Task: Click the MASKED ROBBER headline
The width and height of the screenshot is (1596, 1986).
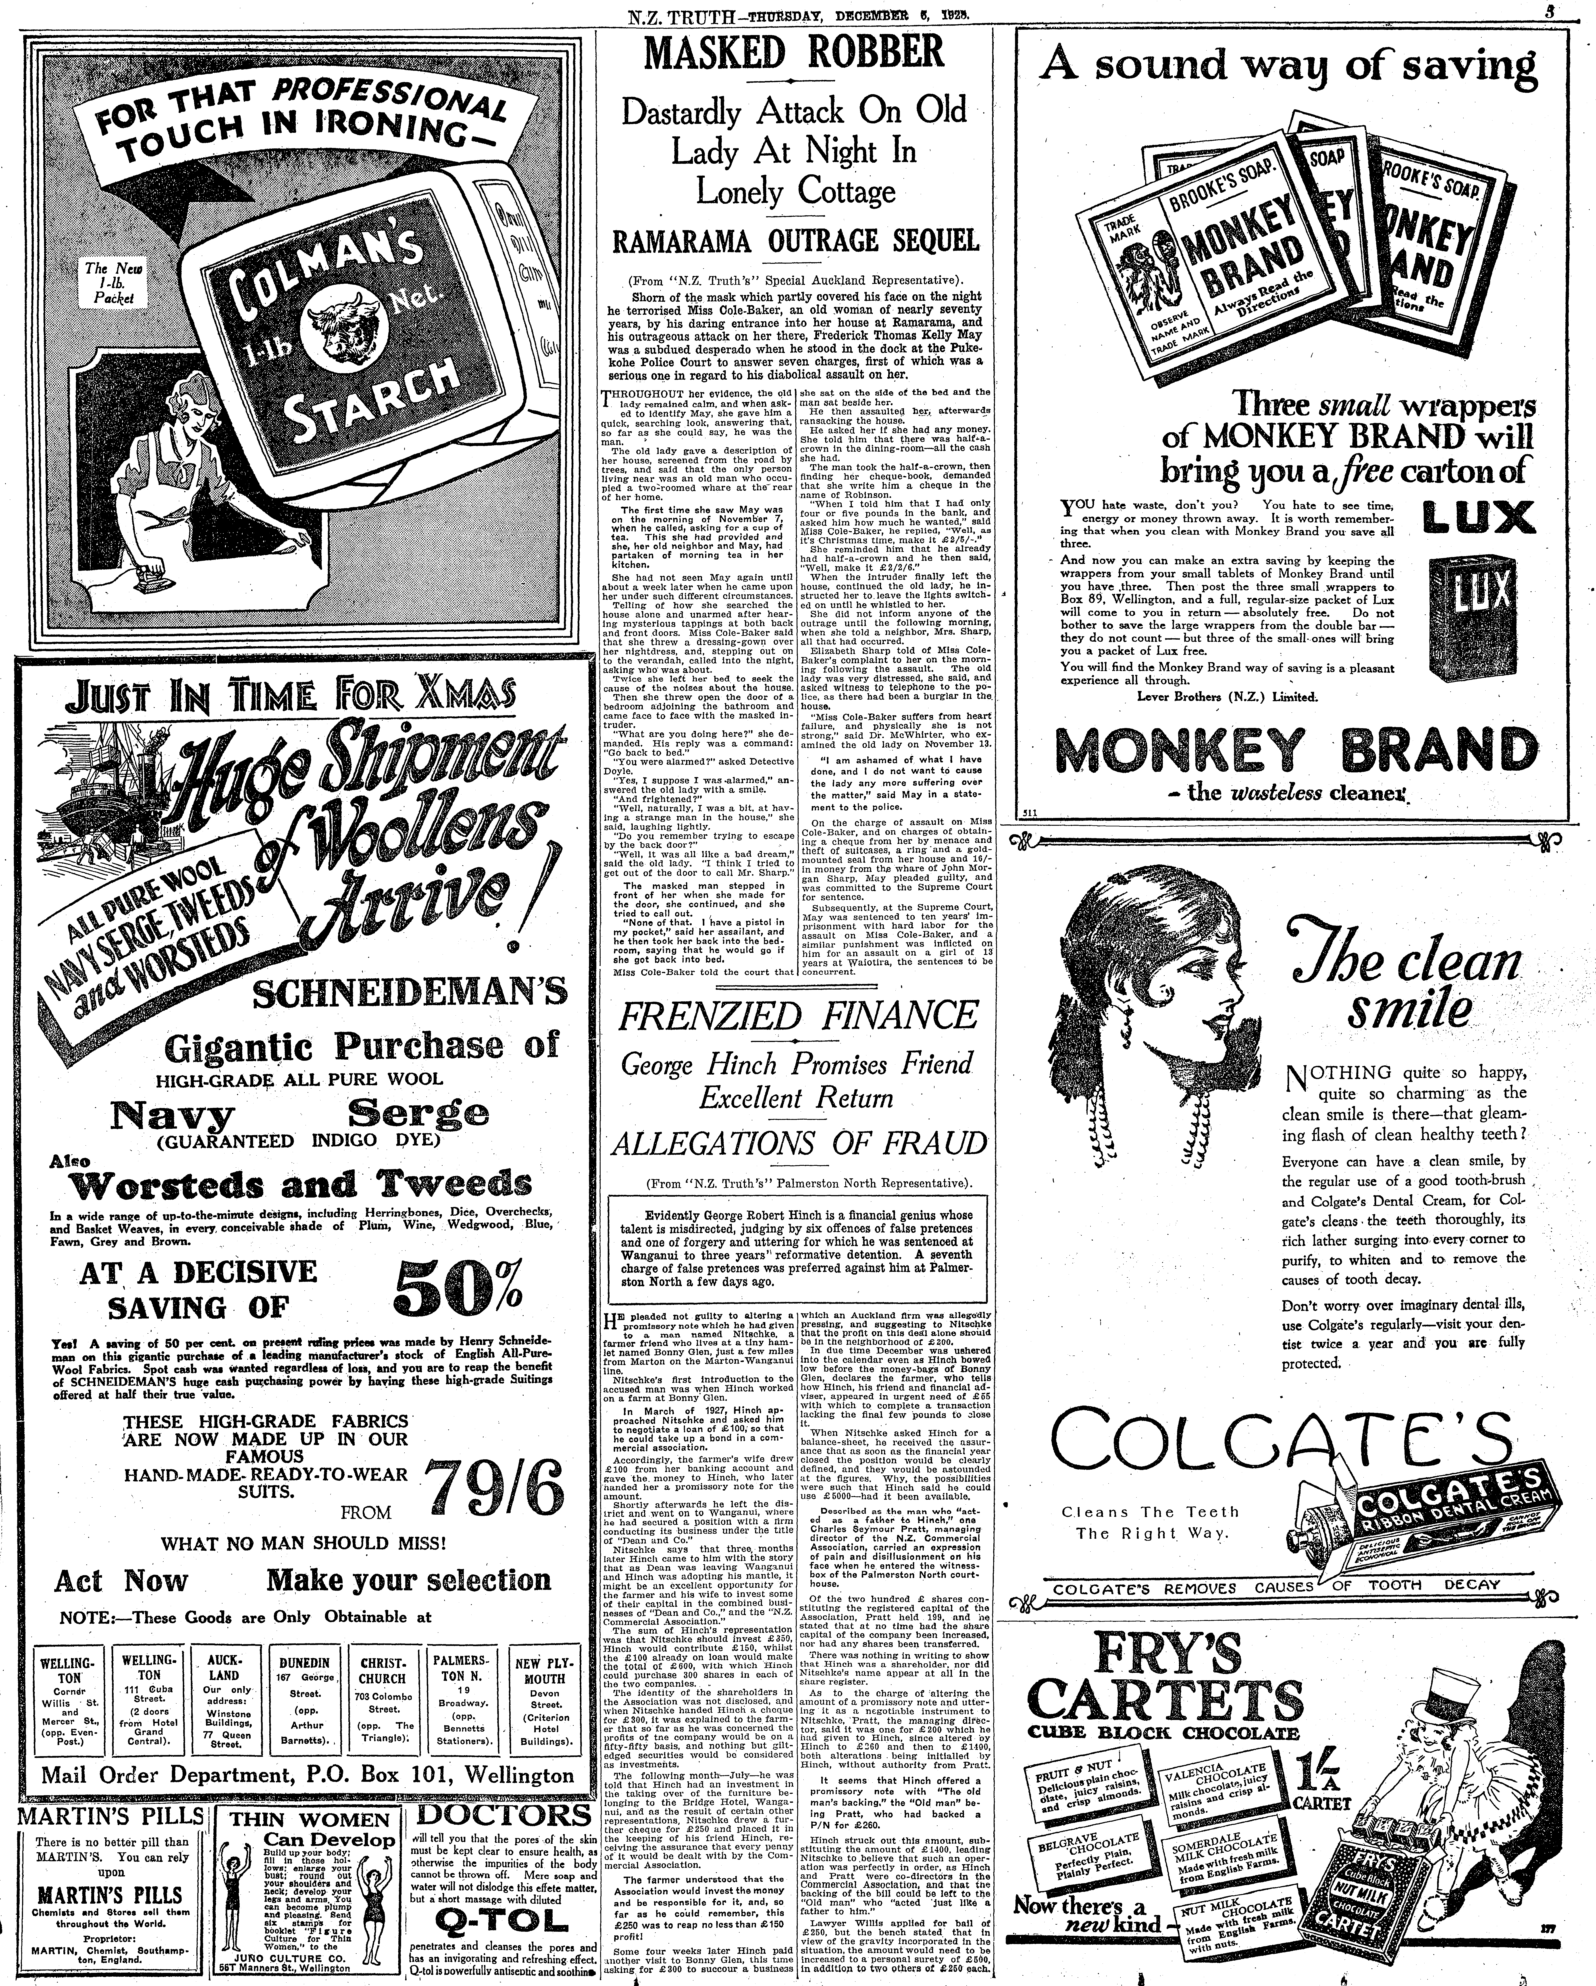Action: coord(794,52)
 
